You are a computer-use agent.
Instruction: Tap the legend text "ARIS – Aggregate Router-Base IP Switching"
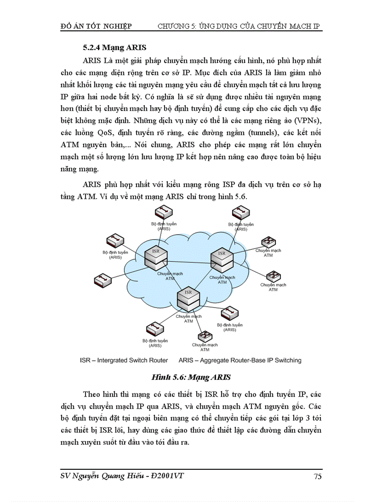click(x=240, y=360)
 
